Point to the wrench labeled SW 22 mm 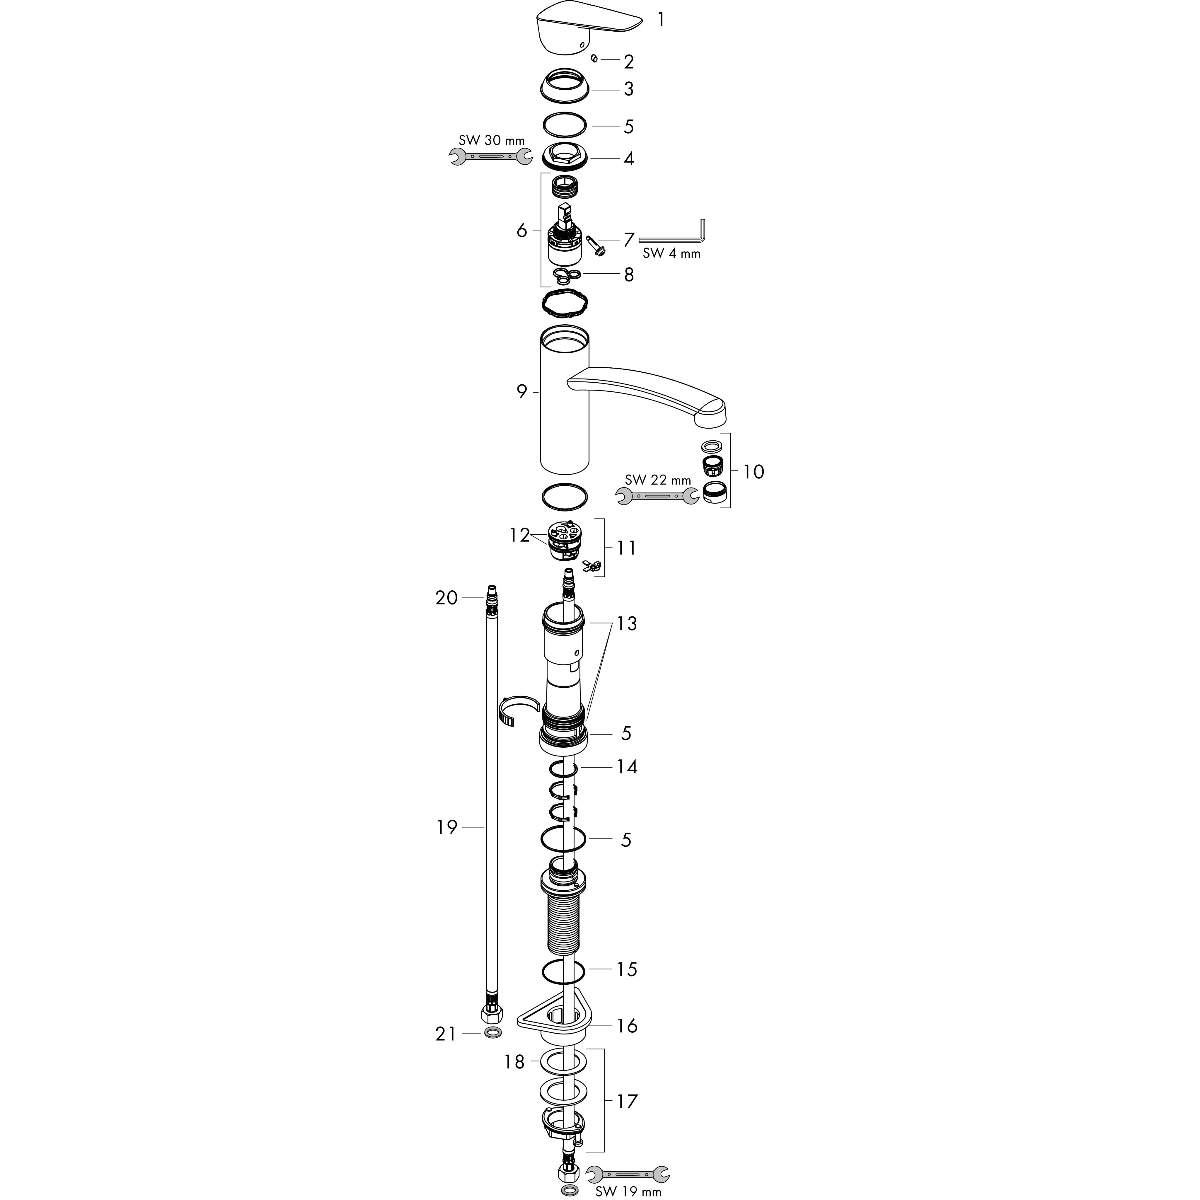pyautogui.click(x=657, y=495)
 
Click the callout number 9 pyautogui.click(x=522, y=392)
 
